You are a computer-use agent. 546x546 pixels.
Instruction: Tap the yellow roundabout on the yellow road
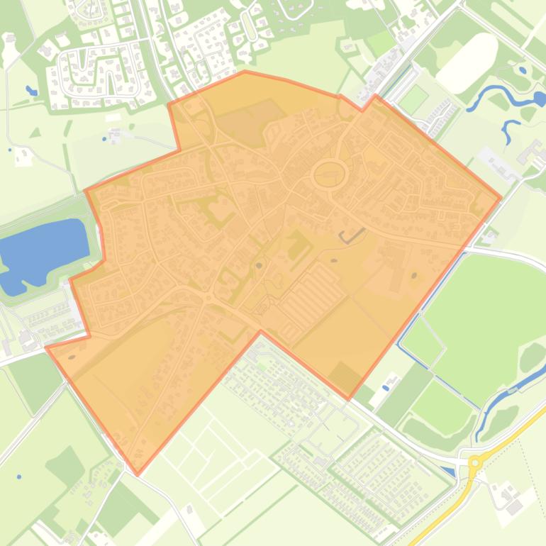click(475, 462)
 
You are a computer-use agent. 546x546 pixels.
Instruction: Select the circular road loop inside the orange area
click(330, 172)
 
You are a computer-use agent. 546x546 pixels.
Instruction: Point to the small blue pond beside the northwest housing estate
click(31, 91)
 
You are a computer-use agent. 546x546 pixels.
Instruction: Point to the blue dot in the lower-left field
click(19, 477)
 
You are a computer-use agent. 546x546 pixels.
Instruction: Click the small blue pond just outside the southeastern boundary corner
click(386, 386)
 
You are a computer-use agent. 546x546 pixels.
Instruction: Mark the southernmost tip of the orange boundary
click(138, 474)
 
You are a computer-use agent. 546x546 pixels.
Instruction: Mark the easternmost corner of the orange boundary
click(501, 199)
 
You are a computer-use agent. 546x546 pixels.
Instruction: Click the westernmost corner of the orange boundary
click(47, 347)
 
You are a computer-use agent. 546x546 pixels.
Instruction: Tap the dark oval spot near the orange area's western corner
click(72, 347)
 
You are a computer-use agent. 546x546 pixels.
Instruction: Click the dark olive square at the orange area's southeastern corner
click(345, 376)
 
